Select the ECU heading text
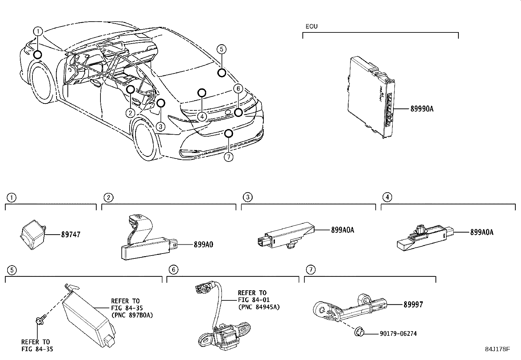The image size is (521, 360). tap(311, 27)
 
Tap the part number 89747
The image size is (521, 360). tap(70, 235)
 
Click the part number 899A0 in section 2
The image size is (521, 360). tap(203, 244)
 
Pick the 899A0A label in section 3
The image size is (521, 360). tap(342, 230)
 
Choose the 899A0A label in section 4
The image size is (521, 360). tap(481, 233)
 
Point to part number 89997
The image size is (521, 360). tap(413, 305)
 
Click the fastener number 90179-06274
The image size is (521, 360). tap(398, 334)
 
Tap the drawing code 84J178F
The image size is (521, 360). tap(497, 349)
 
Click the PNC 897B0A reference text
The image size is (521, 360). tap(132, 315)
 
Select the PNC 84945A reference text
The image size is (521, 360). tap(259, 307)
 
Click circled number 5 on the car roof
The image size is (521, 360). tap(222, 49)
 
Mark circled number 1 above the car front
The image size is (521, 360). tap(38, 31)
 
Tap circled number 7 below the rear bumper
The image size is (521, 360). tap(228, 157)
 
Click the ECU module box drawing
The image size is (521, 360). tap(370, 95)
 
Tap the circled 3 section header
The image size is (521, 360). tap(248, 197)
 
